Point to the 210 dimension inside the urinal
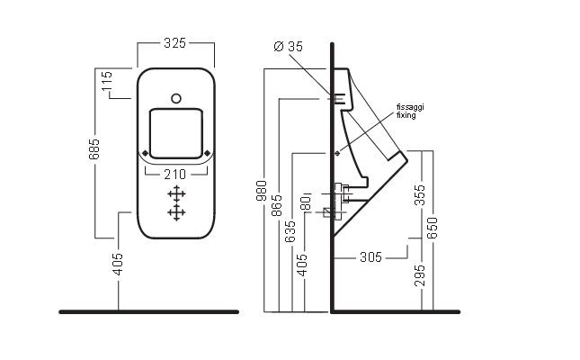point(175,174)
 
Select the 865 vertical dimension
point(277,205)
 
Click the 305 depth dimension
point(370,257)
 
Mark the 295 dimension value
point(419,274)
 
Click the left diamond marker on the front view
point(144,153)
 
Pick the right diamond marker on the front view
point(208,153)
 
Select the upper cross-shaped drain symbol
point(176,193)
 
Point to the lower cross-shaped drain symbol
point(176,211)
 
